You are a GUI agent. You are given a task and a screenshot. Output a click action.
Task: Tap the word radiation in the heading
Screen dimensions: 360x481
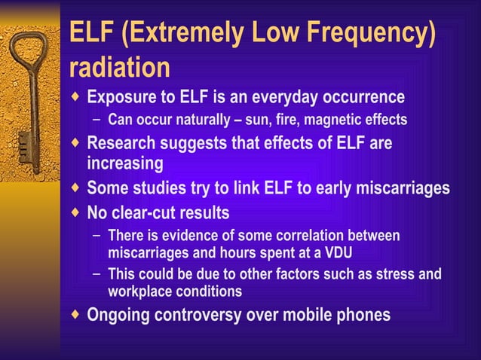click(x=119, y=68)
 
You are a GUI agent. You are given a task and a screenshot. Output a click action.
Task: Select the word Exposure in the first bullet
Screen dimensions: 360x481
click(x=122, y=98)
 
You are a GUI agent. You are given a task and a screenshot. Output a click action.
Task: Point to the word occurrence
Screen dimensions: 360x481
click(x=360, y=98)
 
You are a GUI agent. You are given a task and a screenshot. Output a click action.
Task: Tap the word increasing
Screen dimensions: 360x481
click(x=125, y=163)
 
